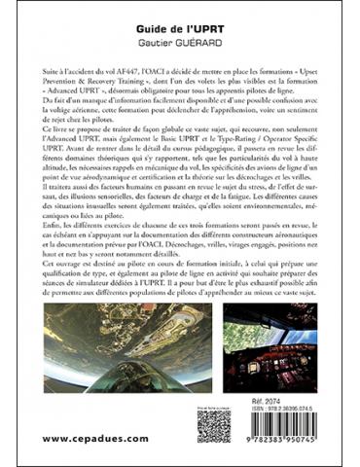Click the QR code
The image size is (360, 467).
(212, 426)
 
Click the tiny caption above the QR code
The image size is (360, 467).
(212, 405)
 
